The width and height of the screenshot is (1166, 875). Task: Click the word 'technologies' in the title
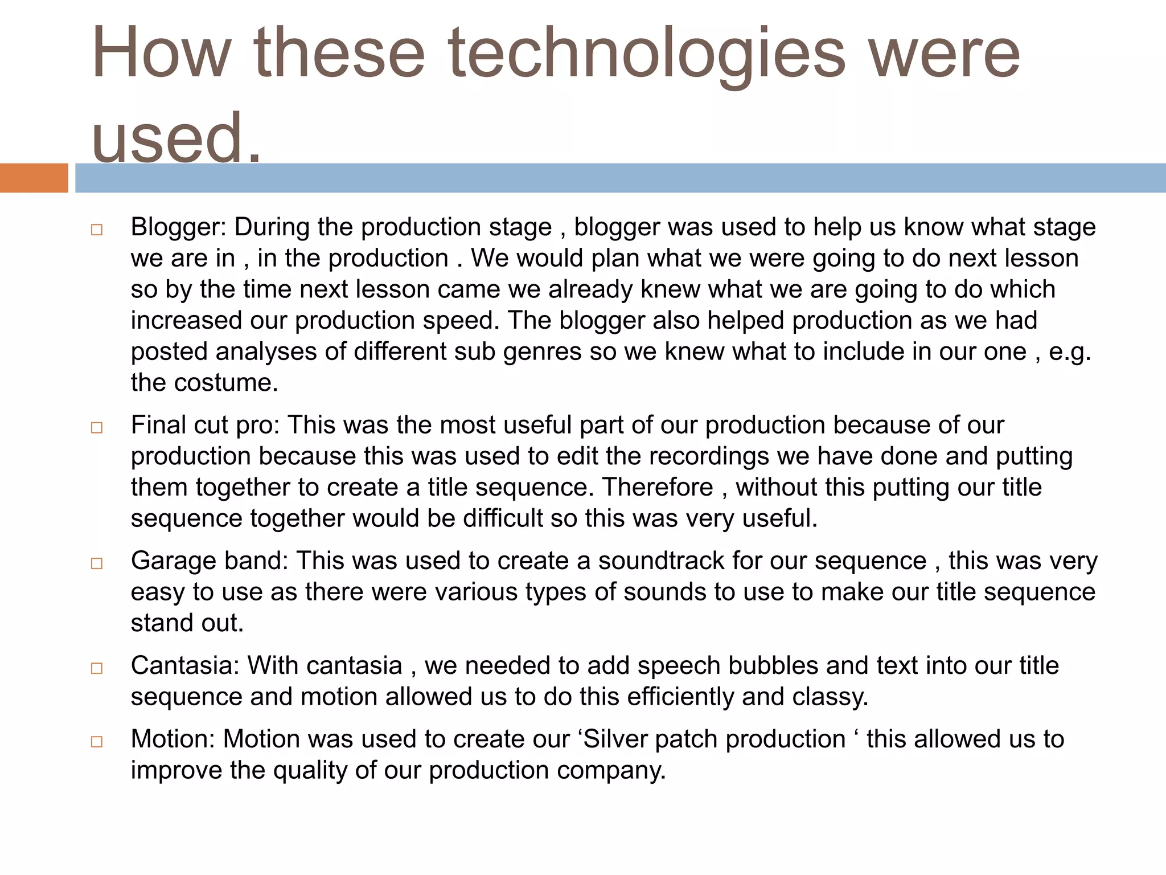coord(647,54)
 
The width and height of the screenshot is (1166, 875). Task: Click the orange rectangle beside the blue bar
coord(34,178)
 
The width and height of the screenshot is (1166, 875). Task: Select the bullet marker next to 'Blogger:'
coord(96,230)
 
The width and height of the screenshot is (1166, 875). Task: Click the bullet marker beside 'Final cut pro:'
coord(96,428)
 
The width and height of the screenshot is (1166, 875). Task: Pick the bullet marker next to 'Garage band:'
coord(96,563)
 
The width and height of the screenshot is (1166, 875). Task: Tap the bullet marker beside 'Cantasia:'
coord(96,668)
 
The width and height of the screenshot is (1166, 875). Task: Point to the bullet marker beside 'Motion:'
coord(96,742)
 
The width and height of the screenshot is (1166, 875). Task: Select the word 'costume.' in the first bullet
coord(226,383)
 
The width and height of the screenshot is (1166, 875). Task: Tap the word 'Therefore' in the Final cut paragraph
coord(658,488)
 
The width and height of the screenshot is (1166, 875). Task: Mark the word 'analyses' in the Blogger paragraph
coord(266,352)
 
